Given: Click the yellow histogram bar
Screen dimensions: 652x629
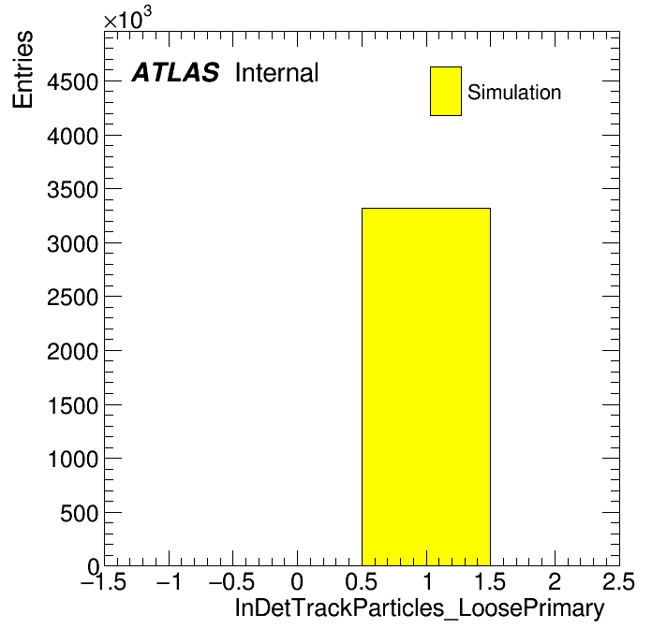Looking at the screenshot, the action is pyautogui.click(x=426, y=387).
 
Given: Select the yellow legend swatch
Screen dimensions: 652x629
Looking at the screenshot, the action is pyautogui.click(x=446, y=91).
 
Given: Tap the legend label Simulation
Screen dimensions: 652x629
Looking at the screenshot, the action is pyautogui.click(x=514, y=92).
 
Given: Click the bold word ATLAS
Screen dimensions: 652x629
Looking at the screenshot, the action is pyautogui.click(x=175, y=72).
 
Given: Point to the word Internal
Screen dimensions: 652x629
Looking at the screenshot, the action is pyautogui.click(x=277, y=72).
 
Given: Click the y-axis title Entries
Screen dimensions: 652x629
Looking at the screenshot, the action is pyautogui.click(x=22, y=69).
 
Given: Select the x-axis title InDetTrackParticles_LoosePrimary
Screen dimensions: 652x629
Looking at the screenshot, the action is pyautogui.click(x=420, y=607).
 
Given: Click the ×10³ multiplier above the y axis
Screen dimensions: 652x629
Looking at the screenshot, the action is pyautogui.click(x=127, y=19).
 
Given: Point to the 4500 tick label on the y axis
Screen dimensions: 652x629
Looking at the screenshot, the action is pyautogui.click(x=73, y=81).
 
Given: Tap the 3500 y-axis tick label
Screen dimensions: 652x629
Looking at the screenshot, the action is pyautogui.click(x=73, y=189).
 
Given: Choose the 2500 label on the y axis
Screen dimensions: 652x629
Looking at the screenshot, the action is pyautogui.click(x=73, y=297).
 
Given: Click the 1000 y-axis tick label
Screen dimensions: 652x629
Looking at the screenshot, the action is pyautogui.click(x=73, y=459).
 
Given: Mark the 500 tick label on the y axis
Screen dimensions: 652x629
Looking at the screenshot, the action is pyautogui.click(x=80, y=513).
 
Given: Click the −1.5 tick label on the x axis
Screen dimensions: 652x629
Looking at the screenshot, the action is pyautogui.click(x=104, y=581).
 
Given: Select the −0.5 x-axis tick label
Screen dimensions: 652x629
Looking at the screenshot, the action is pyautogui.click(x=232, y=581).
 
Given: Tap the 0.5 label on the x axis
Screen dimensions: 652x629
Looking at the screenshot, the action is pyautogui.click(x=362, y=581).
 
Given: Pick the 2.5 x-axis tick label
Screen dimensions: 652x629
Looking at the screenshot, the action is pyautogui.click(x=619, y=581).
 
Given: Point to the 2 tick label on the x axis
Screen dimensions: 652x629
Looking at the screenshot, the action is pyautogui.click(x=556, y=581).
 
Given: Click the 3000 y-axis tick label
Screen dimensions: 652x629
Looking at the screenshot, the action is pyautogui.click(x=73, y=243).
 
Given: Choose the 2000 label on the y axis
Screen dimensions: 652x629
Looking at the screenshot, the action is pyautogui.click(x=73, y=351).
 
